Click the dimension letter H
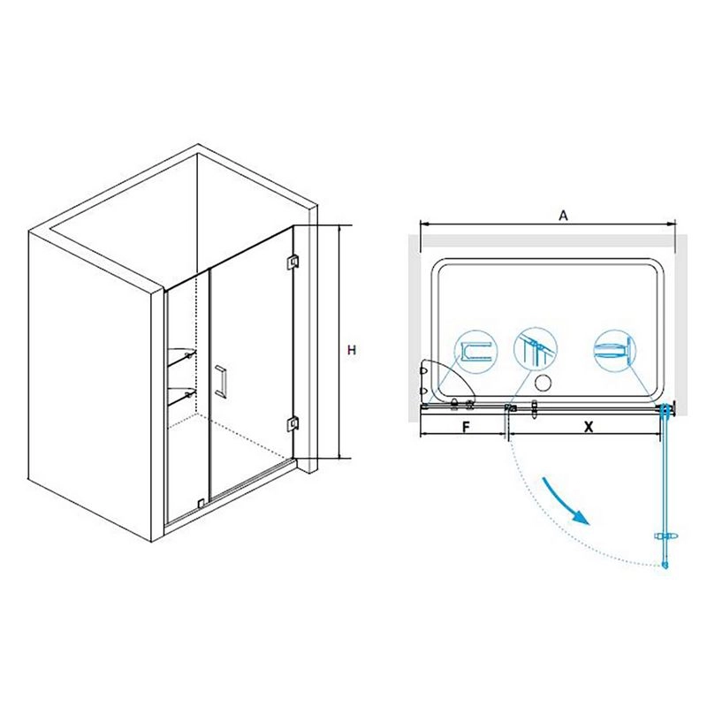point(352,350)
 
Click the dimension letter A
point(563,216)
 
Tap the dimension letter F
point(467,426)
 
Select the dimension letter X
point(589,427)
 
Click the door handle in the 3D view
point(222,382)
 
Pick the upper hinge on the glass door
point(293,262)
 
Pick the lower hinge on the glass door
point(293,423)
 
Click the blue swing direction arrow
point(565,500)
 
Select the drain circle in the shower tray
point(543,384)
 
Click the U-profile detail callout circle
point(476,352)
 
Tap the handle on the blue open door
point(665,536)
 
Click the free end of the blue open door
point(665,565)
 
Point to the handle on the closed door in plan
point(535,409)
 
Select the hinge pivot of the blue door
point(665,407)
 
